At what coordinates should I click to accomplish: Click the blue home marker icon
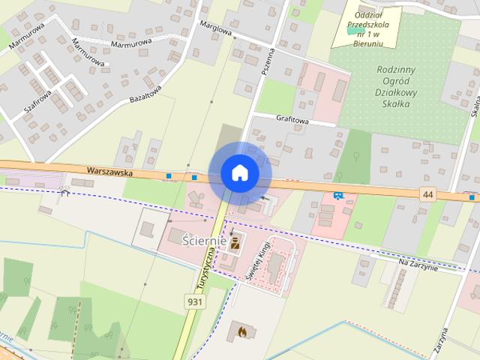point(239,173)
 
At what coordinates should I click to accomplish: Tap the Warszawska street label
point(109,172)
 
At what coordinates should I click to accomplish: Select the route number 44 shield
point(427,194)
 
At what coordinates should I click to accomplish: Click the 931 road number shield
point(193,300)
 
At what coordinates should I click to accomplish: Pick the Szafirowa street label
point(37,102)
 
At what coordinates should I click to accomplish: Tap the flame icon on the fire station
point(241,329)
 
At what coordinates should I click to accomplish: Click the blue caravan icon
point(339,196)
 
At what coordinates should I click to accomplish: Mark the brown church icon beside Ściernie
point(235,241)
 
